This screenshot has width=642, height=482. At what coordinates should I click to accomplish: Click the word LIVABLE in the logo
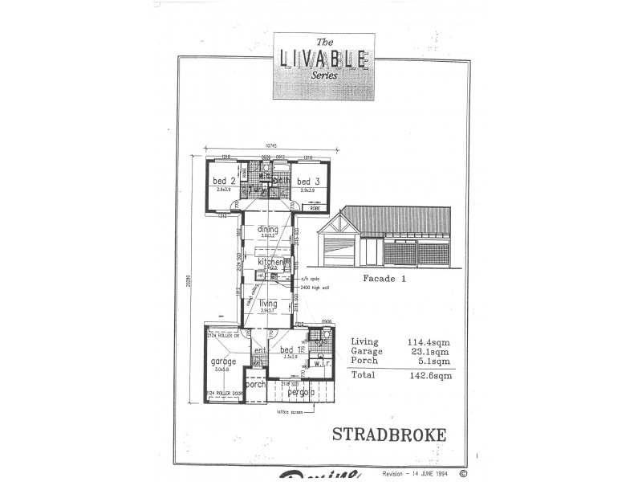pos(323,59)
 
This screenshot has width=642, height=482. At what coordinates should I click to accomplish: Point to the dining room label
pos(268,230)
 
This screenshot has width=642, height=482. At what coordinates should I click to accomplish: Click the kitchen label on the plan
pos(270,263)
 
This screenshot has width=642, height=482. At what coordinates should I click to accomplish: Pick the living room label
pos(268,303)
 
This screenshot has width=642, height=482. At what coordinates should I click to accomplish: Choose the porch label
pos(255,384)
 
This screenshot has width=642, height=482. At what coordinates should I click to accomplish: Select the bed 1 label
pos(291,349)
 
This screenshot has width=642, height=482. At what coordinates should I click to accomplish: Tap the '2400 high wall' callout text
pos(315,287)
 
